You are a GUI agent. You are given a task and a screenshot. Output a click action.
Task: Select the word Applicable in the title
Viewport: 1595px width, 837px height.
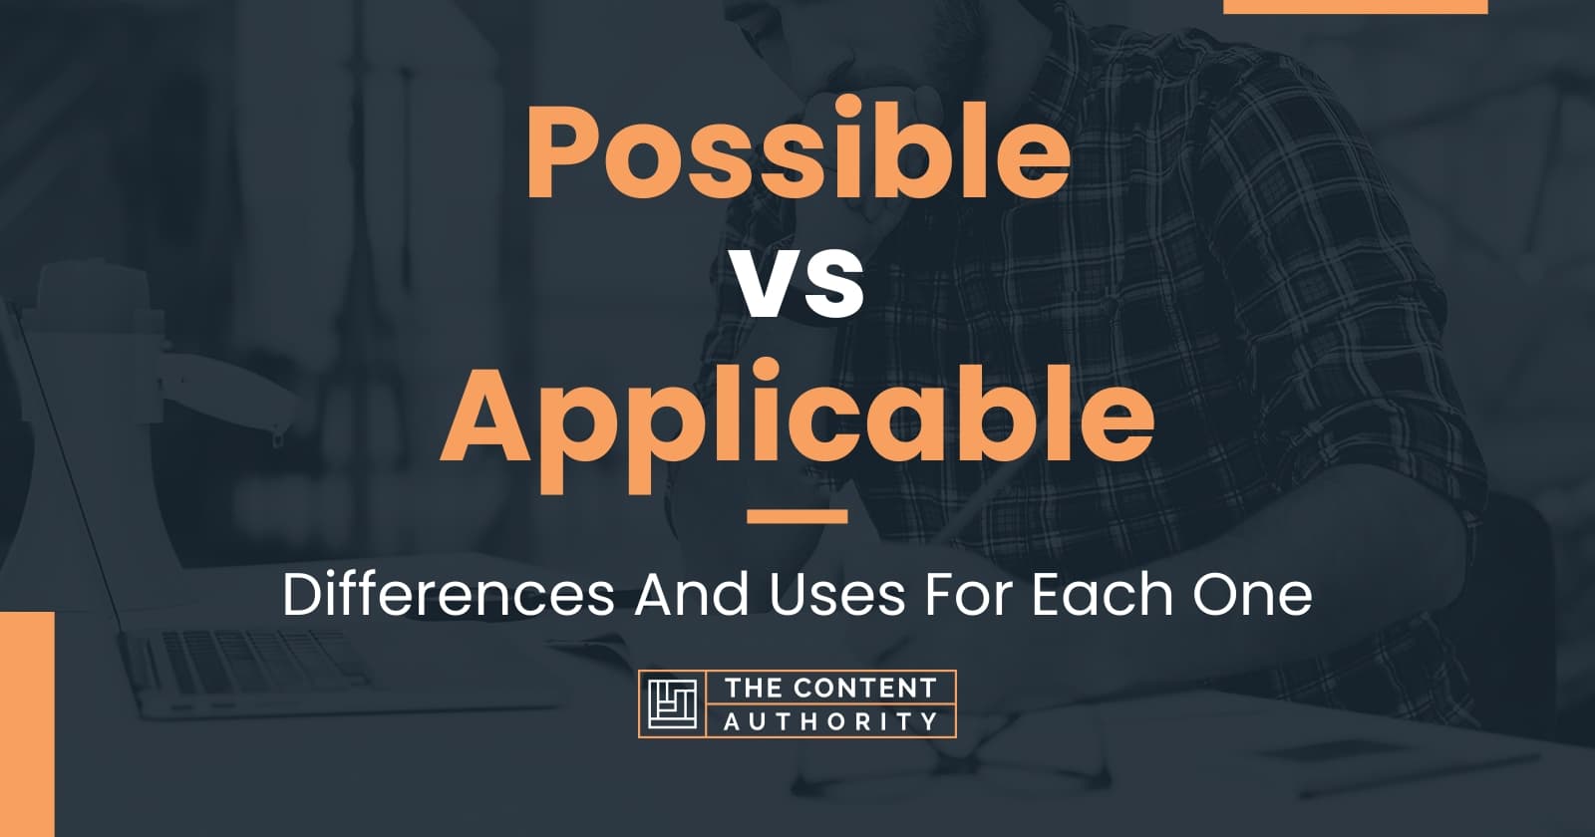(797, 418)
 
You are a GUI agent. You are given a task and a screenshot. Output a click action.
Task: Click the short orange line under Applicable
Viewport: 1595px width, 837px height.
(797, 516)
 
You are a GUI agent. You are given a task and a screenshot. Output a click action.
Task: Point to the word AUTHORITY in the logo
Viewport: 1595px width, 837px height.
(830, 720)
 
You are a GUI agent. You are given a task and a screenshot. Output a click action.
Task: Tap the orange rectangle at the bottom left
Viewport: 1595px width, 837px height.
(27, 724)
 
